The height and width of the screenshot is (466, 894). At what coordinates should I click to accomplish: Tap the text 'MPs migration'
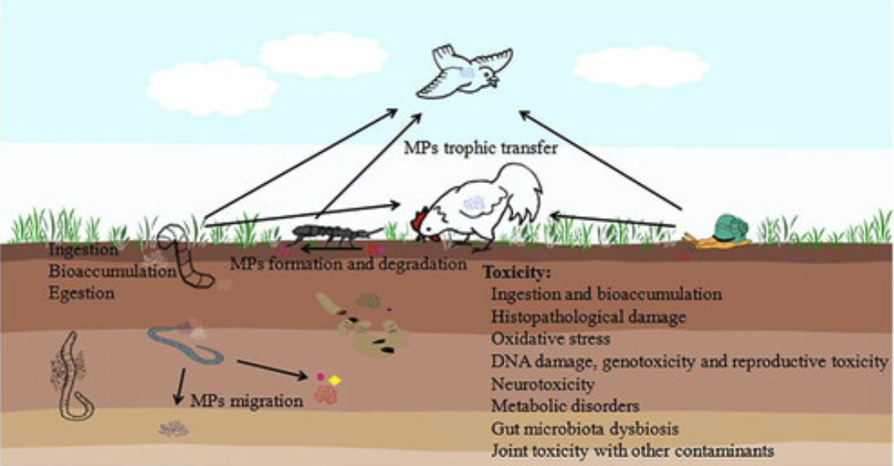[x=246, y=400]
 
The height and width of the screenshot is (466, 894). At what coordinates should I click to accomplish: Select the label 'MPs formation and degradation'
[x=348, y=265]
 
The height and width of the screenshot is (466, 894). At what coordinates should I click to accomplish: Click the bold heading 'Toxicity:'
[x=517, y=273]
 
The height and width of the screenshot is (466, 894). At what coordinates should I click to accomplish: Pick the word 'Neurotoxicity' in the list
[x=543, y=384]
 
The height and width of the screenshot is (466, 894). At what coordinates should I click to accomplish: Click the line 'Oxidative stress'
[x=551, y=340]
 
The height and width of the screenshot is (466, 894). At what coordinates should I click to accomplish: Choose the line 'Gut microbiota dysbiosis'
[x=585, y=429]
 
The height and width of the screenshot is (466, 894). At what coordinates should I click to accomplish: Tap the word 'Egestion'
[x=82, y=294]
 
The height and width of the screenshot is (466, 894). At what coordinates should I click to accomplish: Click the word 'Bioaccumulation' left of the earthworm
[x=112, y=271]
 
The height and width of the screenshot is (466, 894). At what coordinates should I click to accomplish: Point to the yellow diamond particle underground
[x=335, y=380]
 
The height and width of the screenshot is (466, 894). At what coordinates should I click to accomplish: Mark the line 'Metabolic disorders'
[x=565, y=407]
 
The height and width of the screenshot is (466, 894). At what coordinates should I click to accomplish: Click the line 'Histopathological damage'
[x=589, y=317]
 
